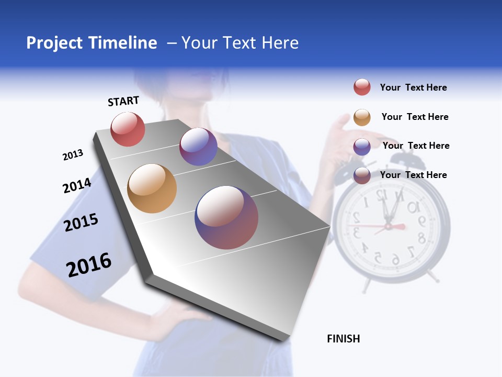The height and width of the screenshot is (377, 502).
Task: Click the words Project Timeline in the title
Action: click(x=92, y=43)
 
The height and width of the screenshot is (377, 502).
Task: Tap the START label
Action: click(x=123, y=101)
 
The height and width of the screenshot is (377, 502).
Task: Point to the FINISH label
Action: click(x=344, y=339)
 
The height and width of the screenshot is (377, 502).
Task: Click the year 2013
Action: click(x=73, y=155)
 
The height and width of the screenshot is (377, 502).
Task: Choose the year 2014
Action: click(x=77, y=185)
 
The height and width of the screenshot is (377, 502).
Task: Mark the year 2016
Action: click(x=89, y=265)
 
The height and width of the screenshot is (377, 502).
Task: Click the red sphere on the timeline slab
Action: click(x=128, y=129)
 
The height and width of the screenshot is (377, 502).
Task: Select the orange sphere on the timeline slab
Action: click(x=152, y=188)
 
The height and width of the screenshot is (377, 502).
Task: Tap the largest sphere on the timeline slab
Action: click(x=226, y=217)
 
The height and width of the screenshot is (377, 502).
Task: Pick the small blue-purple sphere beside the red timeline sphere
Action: click(x=198, y=147)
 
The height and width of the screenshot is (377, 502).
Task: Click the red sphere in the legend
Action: click(x=362, y=87)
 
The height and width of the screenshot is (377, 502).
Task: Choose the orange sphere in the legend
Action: click(x=362, y=117)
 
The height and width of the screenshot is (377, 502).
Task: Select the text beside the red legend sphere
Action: click(x=413, y=87)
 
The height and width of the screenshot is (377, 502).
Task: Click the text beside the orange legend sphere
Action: click(x=415, y=117)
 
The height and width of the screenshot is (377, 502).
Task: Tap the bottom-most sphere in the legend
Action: click(x=362, y=175)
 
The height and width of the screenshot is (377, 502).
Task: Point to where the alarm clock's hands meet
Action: click(x=388, y=226)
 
